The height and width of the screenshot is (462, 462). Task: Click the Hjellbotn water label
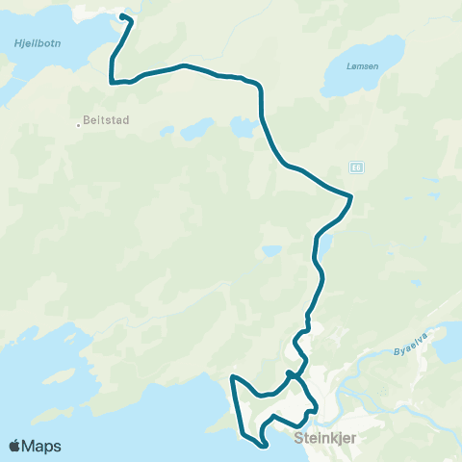[32, 43]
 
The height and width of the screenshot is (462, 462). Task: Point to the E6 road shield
[356, 167]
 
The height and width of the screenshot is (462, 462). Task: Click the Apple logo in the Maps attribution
[14, 446]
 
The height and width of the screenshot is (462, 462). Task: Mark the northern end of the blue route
[122, 16]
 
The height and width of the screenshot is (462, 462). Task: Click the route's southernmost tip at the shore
[263, 445]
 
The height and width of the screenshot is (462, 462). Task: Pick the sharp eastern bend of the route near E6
[351, 197]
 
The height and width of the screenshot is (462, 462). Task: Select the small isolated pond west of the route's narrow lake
[272, 251]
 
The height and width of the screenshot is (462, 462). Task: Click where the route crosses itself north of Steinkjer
[290, 373]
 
